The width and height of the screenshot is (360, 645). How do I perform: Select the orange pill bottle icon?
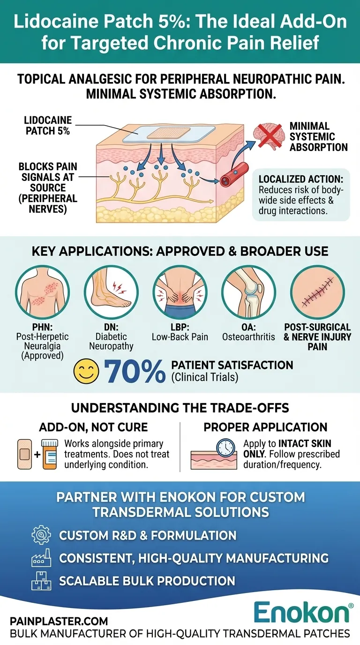pyautogui.click(x=49, y=454)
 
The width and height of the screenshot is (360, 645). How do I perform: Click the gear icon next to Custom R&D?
pyautogui.click(x=41, y=535)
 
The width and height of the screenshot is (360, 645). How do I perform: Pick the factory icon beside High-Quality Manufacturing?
pyautogui.click(x=41, y=558)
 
